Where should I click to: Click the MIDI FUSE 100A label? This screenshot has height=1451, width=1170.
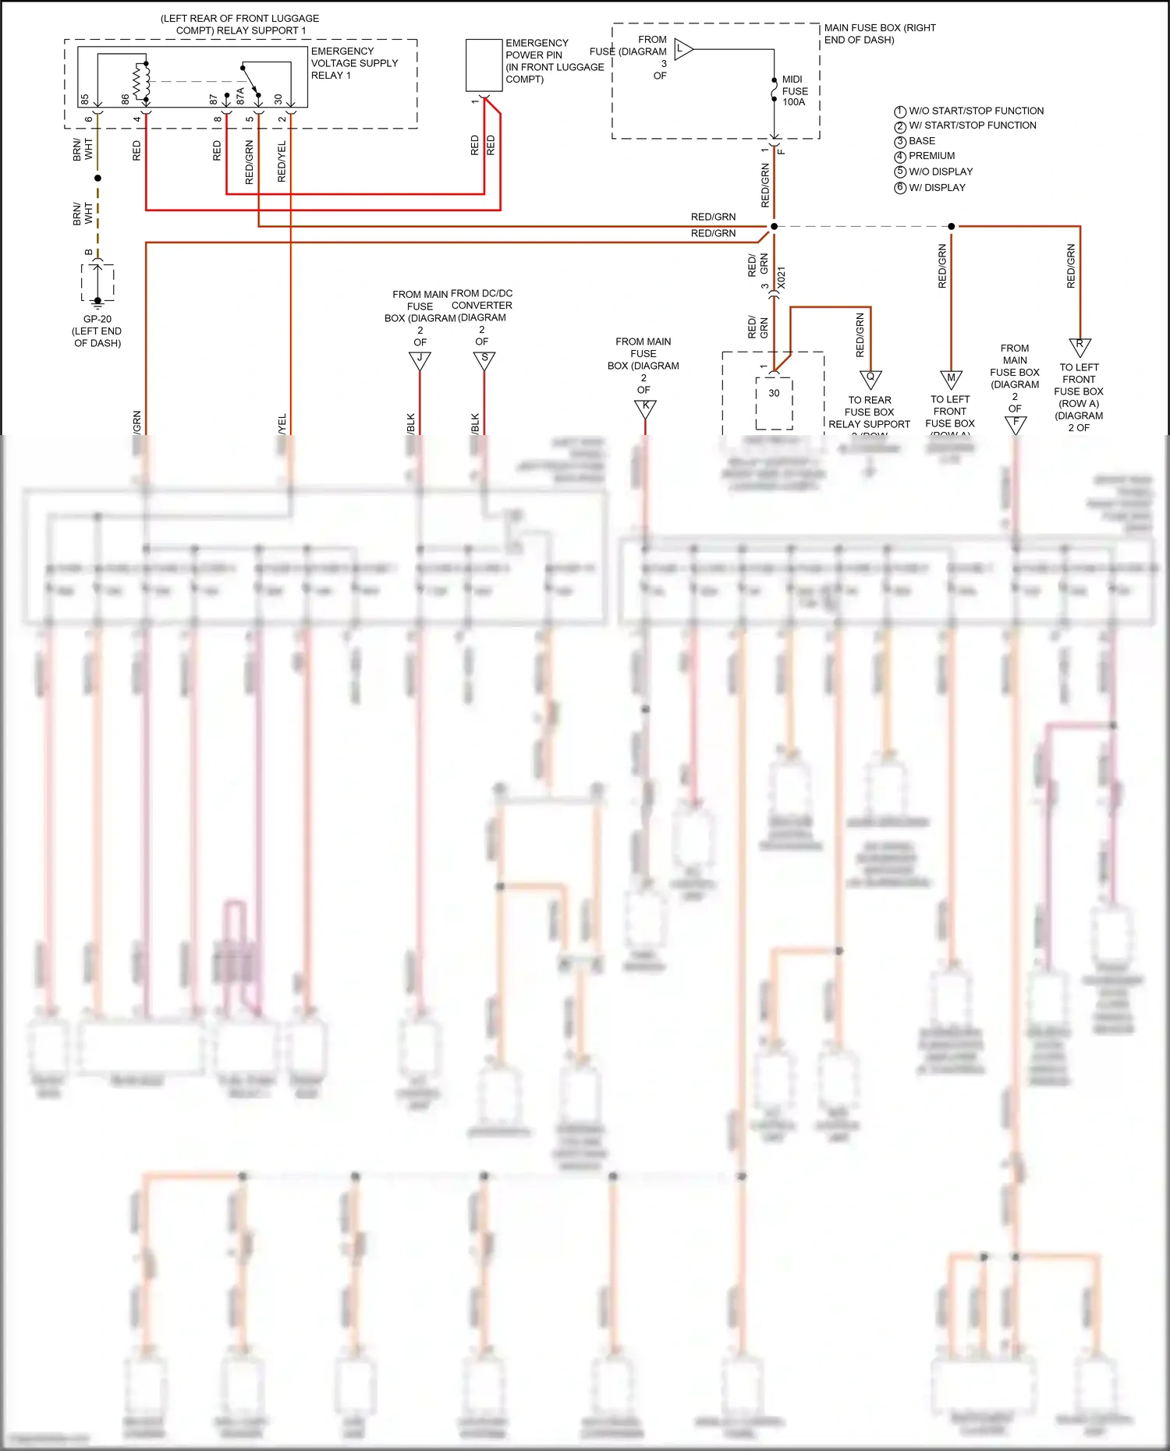click(794, 90)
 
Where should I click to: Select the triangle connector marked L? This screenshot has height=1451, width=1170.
click(682, 49)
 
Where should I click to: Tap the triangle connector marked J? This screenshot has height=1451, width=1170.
click(420, 360)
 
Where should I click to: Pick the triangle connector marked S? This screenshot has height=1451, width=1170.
click(484, 360)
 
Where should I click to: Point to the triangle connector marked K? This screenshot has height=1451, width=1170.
click(645, 408)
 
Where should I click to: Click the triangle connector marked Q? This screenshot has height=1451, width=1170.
click(870, 379)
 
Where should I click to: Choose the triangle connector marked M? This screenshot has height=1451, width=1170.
click(951, 380)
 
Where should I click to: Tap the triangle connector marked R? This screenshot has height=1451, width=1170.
click(1080, 346)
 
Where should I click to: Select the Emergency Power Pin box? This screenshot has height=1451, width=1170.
click(484, 65)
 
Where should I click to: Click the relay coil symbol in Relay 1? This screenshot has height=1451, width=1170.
click(142, 81)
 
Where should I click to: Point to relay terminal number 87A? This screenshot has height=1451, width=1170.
click(240, 96)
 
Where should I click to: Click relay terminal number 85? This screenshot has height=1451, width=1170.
click(85, 100)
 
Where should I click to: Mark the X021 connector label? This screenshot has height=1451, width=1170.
click(782, 278)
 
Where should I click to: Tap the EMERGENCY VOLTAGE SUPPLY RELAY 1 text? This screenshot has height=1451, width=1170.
click(354, 63)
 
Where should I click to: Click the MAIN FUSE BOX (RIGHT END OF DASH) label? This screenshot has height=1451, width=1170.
click(879, 34)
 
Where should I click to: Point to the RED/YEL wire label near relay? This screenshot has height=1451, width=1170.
click(282, 162)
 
